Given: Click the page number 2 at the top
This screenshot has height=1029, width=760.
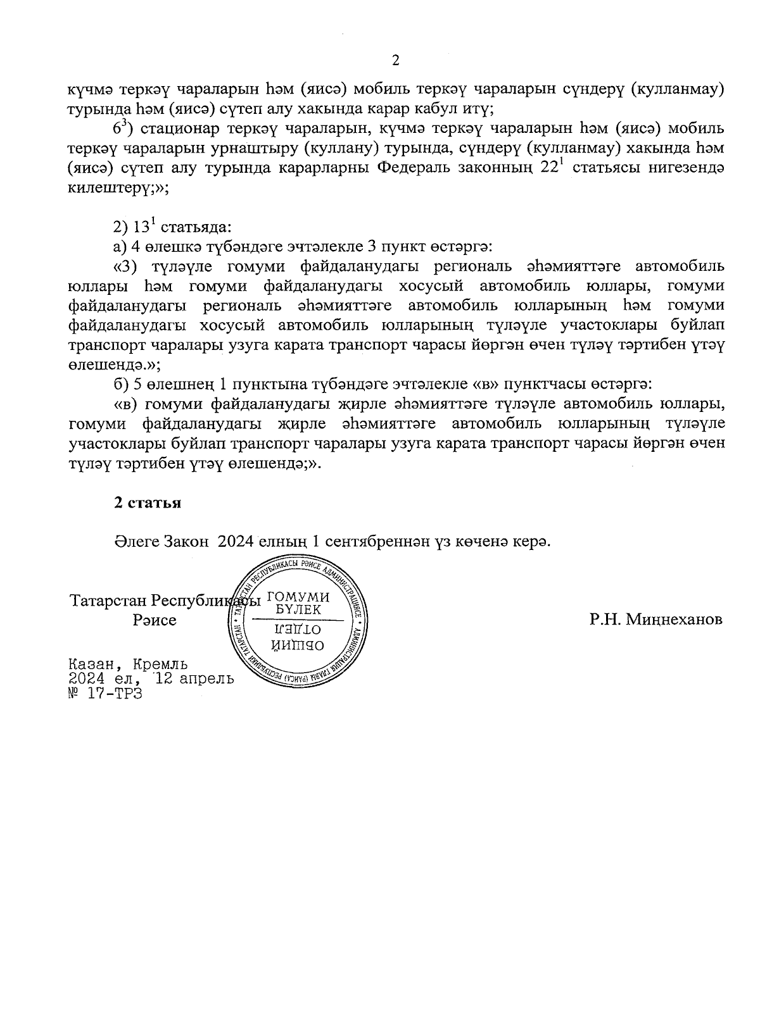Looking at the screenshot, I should point(396,61).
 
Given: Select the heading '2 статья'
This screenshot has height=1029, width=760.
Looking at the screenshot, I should point(148,503).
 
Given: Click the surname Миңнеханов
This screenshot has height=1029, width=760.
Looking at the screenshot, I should point(673,620).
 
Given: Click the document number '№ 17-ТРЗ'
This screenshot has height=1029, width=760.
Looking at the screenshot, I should point(106,693).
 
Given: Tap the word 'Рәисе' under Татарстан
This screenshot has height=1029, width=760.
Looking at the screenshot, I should point(155,620).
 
